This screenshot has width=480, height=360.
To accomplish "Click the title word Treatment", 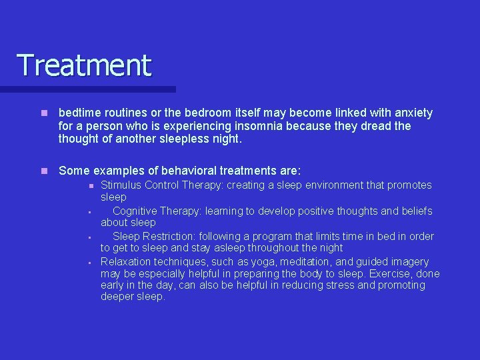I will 84,65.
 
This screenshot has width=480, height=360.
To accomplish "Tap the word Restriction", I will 171,236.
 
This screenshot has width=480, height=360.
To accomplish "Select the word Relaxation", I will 127,261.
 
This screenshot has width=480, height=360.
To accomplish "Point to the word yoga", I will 266,261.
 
